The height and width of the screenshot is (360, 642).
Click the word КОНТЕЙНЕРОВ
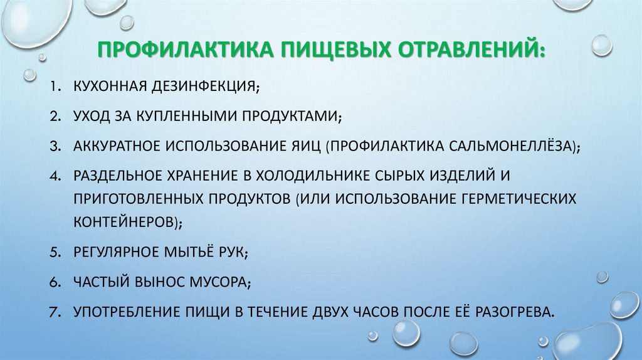(x=126, y=222)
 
